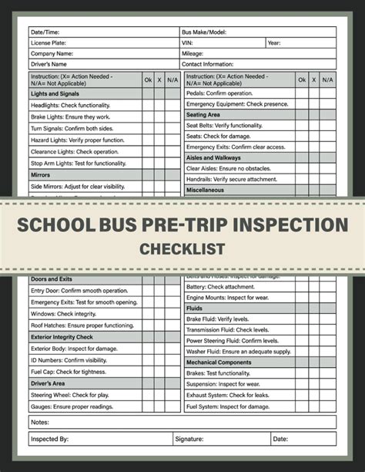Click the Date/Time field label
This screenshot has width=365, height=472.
coord(45,32)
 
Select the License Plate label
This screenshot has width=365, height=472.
coord(49,43)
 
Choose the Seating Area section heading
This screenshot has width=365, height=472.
coord(204,114)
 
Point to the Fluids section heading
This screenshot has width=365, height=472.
coord(196,307)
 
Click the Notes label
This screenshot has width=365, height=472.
coord(39,422)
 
